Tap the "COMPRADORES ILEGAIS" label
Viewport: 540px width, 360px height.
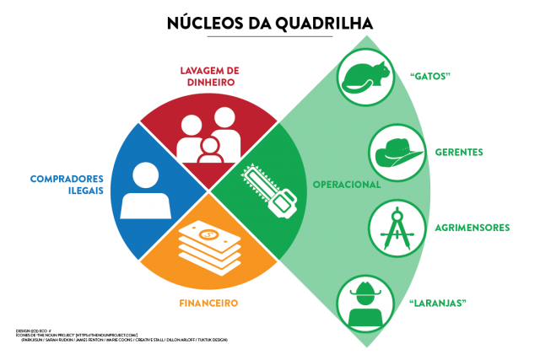coord(67,184)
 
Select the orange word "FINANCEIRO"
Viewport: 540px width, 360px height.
coord(208,303)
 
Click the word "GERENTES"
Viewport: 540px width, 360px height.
coord(459,153)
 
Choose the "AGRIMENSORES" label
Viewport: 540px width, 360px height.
coord(472,228)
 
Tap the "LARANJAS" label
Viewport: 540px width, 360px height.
coord(438,303)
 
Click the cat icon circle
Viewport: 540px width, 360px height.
coord(365,78)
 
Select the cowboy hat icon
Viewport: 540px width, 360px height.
coord(397,153)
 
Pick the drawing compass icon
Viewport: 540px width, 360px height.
coord(397,228)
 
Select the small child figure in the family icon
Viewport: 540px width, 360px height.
coord(209,152)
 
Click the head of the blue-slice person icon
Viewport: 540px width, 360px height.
coord(146,175)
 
